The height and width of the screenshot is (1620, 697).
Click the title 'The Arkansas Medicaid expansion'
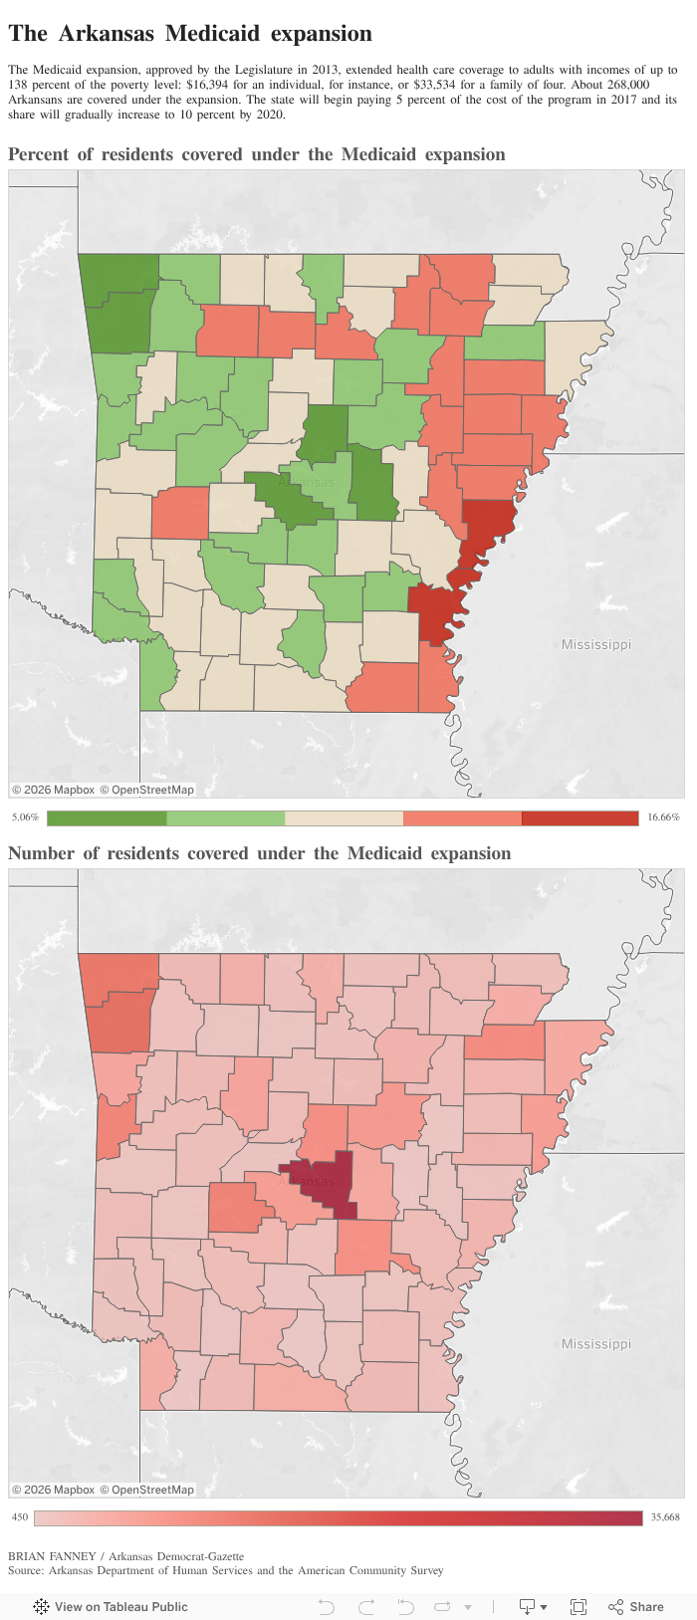190,34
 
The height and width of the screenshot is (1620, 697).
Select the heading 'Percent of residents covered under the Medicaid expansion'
257,154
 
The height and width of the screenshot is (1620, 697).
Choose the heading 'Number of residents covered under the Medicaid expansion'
260,853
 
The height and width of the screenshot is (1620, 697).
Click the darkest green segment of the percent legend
107,817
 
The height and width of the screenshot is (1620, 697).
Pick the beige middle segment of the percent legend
344,817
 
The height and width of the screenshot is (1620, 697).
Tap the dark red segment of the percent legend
580,817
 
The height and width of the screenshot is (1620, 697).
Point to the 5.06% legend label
25,817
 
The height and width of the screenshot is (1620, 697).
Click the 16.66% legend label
663,817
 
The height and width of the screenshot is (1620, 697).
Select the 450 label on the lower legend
20,1517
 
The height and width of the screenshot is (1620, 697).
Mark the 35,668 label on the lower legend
664,1517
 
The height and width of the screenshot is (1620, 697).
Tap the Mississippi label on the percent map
595,644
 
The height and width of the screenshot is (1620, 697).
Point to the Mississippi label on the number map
595,1343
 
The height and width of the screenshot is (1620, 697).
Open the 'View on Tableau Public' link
111,1606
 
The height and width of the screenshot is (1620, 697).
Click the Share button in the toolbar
636,1606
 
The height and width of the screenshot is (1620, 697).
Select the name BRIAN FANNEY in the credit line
51,1556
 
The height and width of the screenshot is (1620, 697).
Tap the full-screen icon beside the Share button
578,1606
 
